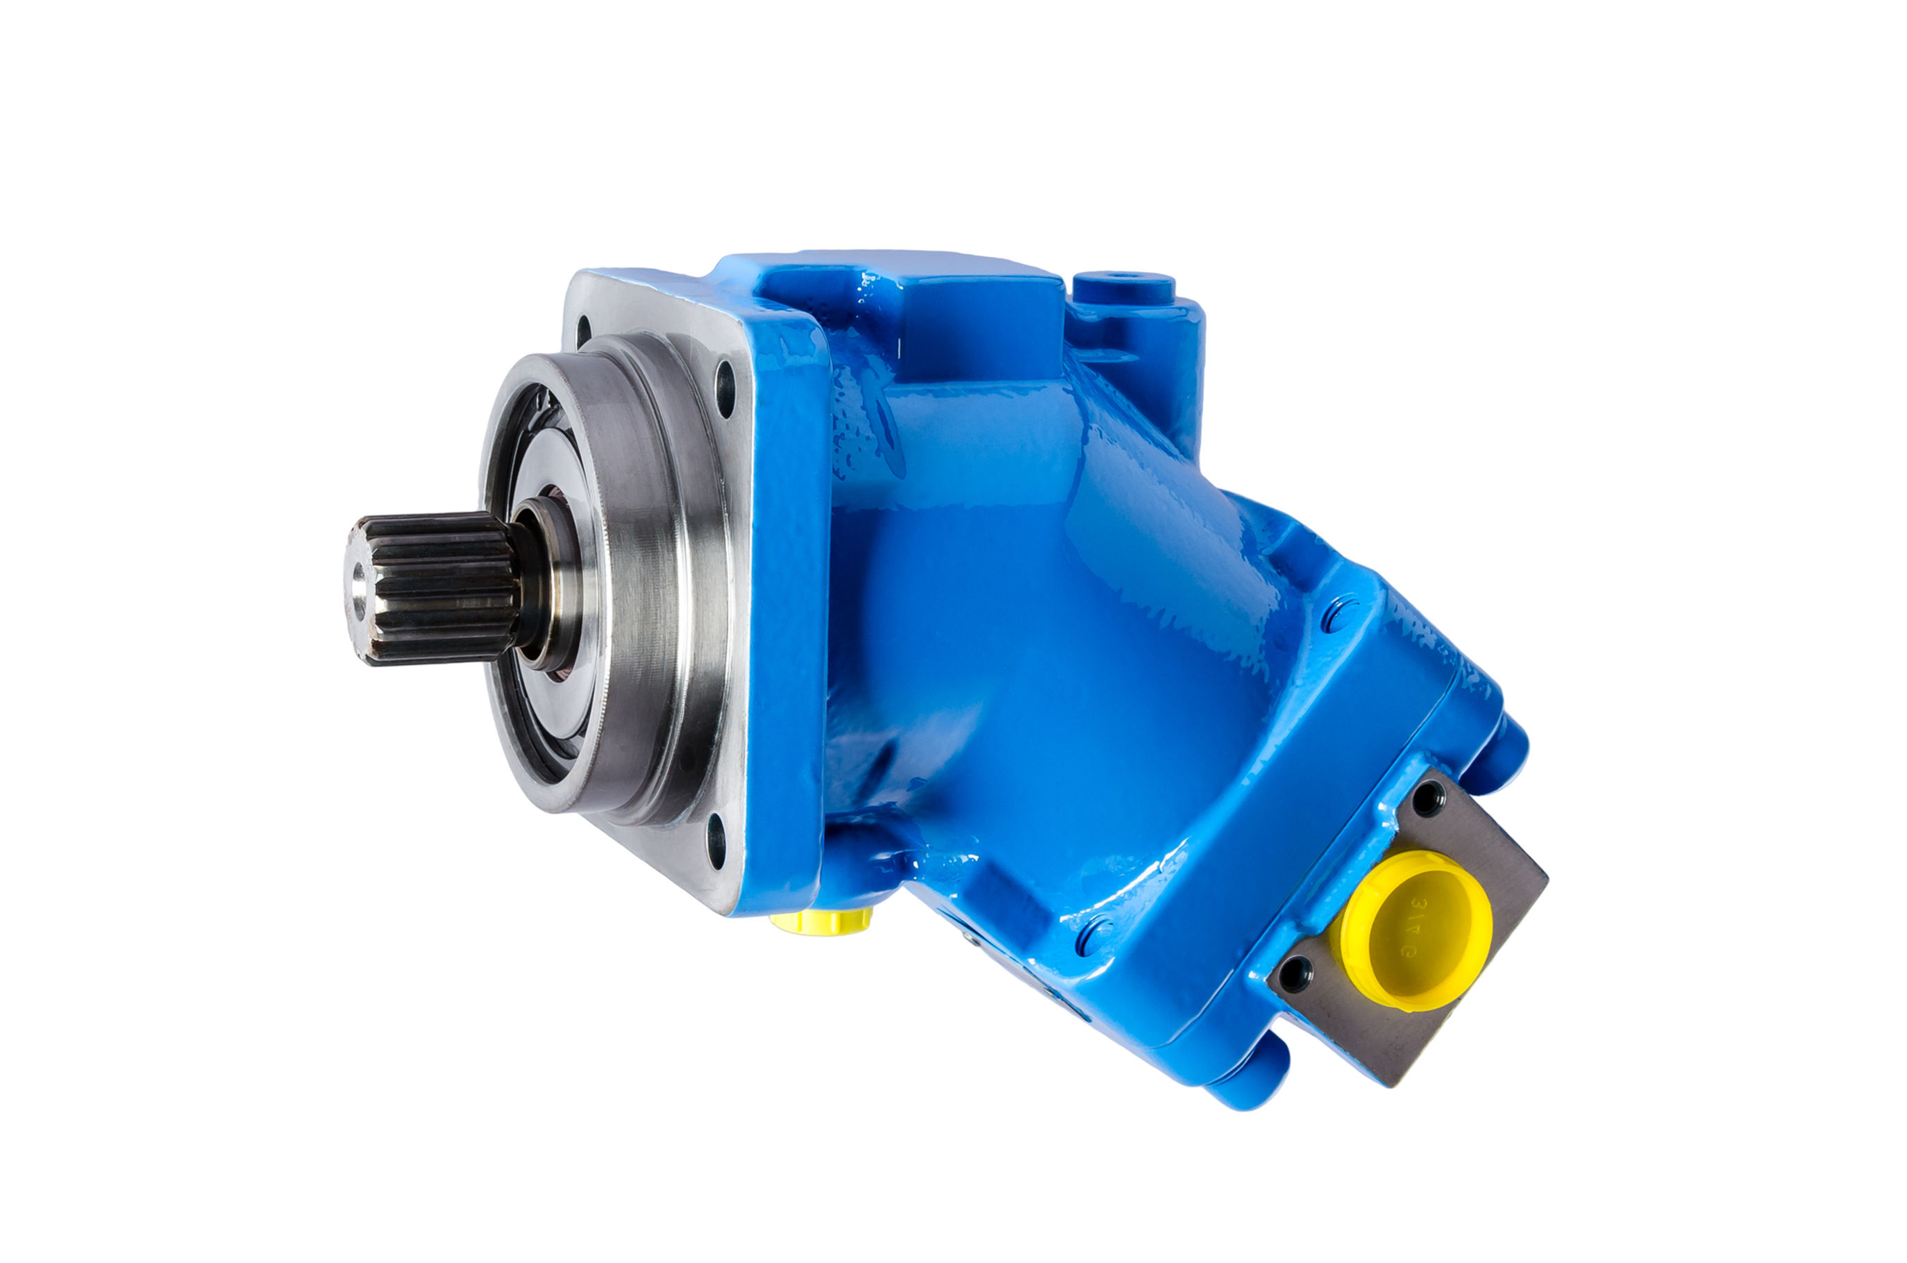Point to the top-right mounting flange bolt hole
[725, 387]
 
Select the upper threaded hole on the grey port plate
[1427, 796]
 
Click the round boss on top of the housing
[1123, 287]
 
